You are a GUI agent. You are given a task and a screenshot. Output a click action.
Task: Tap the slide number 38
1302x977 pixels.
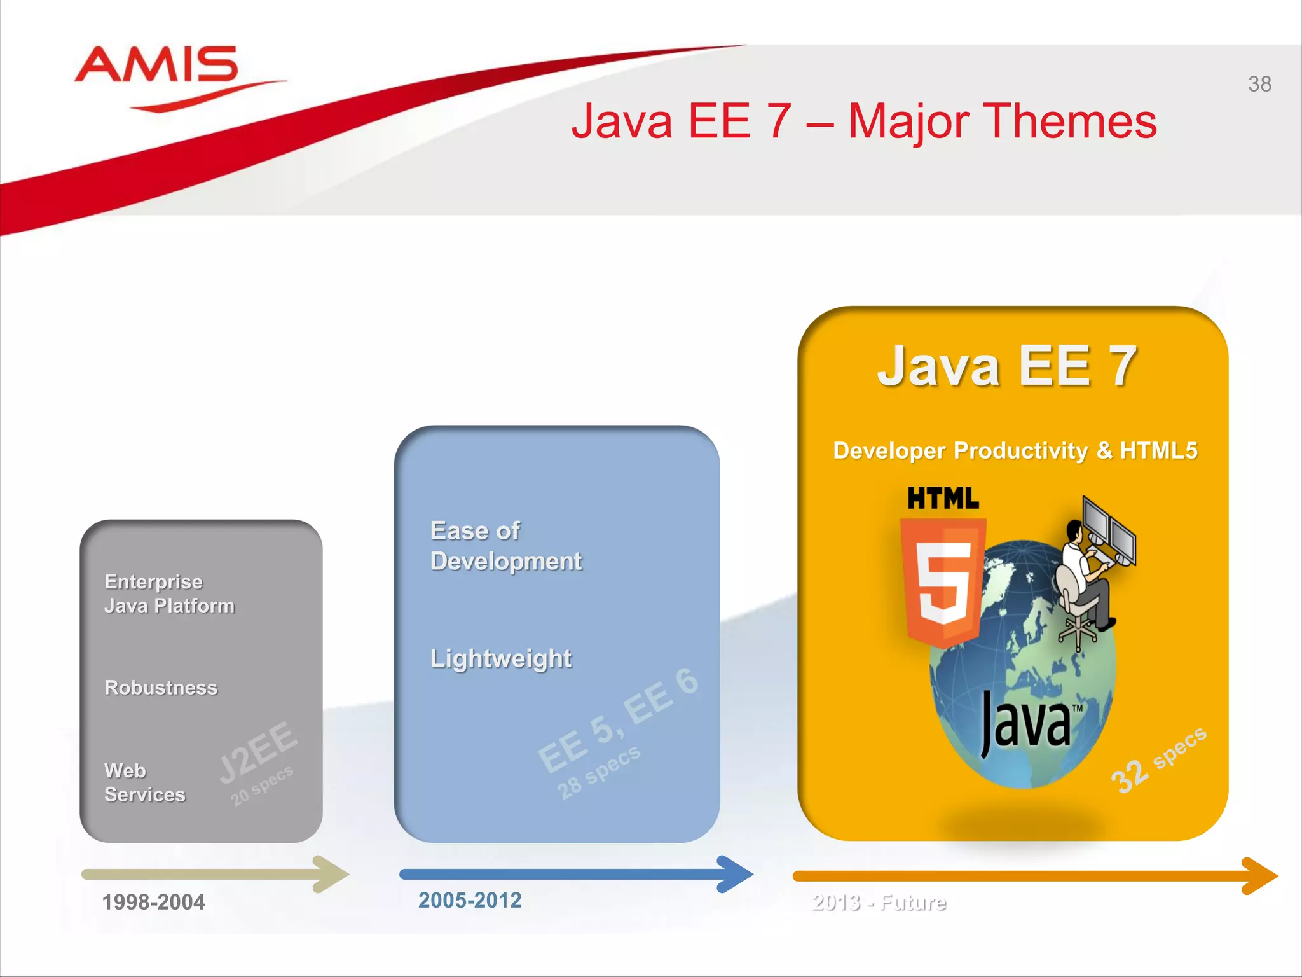tap(1259, 84)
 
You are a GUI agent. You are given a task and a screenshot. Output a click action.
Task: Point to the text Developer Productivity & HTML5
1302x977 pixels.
tap(1015, 450)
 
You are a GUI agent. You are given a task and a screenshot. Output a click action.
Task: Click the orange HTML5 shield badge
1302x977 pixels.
tap(943, 582)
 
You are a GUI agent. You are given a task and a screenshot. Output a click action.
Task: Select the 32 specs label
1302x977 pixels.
tap(1158, 760)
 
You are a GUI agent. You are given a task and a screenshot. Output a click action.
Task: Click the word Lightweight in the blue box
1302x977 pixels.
tap(501, 658)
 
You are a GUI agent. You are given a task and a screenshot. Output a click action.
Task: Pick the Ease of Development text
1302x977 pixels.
tap(505, 546)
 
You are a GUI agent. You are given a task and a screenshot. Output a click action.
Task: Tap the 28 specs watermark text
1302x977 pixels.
tap(598, 773)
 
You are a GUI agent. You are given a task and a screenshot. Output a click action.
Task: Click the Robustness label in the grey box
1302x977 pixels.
tap(161, 688)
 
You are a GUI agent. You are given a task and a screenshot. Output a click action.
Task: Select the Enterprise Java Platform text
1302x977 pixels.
tap(169, 593)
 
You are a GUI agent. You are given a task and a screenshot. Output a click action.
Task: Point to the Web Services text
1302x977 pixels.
tap(144, 782)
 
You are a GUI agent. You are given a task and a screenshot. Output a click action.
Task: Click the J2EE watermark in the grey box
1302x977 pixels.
tap(258, 752)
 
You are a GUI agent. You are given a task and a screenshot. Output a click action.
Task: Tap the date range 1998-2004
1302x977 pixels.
tap(153, 902)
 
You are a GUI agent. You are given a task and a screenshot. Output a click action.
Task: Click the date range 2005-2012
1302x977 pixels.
tap(470, 900)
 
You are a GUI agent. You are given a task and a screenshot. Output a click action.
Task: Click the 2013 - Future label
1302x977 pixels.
tap(879, 903)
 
